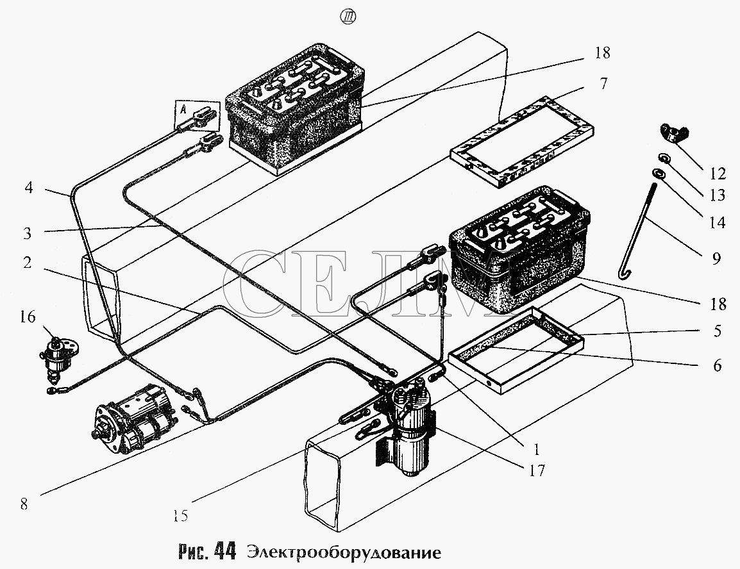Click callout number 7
coord(603,83)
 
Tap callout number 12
coord(718,174)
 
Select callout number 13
coord(718,195)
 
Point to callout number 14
coord(718,222)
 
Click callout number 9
coord(716,258)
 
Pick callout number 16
coord(28,317)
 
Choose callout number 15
coord(180,516)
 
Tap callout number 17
coord(537,470)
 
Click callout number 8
coord(24,504)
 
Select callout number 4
coord(29,188)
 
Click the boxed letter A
coord(183,109)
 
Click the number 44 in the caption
coord(224,551)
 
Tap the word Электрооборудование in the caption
coord(344,552)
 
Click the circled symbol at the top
coord(348,17)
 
